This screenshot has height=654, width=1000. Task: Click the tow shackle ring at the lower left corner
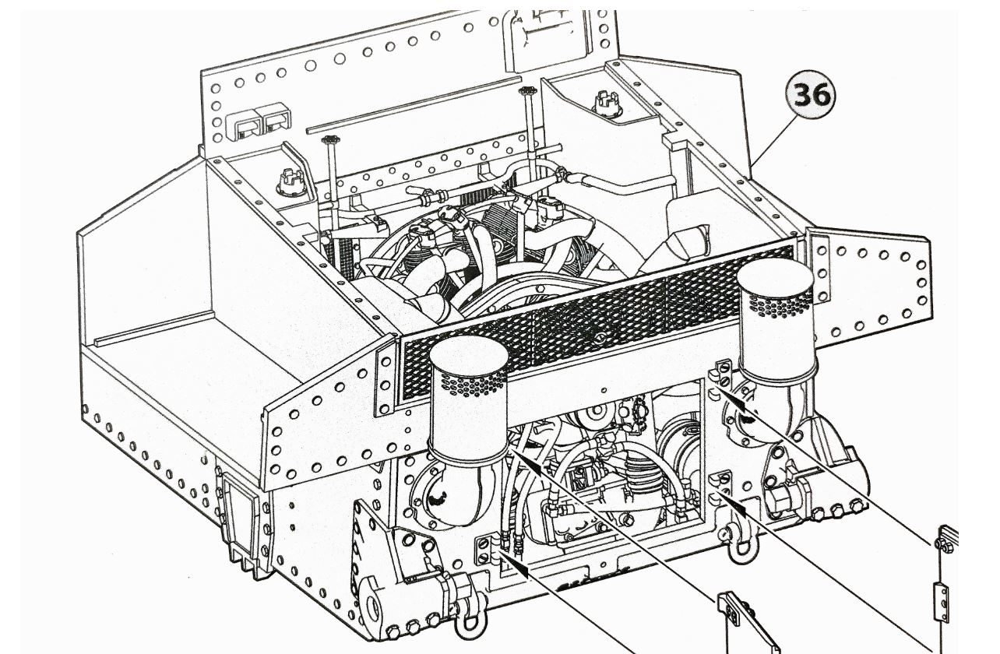point(467,620)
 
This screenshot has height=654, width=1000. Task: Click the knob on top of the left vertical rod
point(328,141)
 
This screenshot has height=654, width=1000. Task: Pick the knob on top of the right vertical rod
point(529,91)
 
